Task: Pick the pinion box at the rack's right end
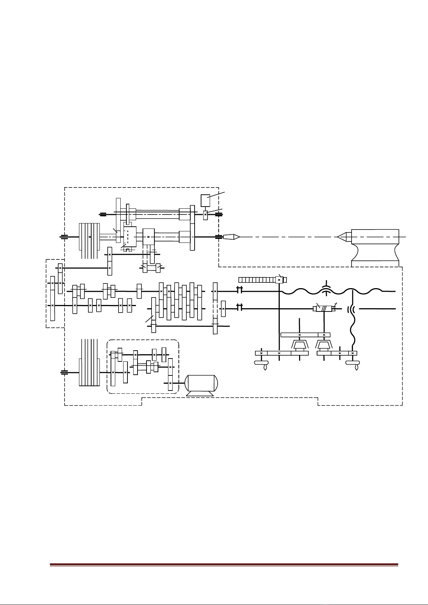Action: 279,280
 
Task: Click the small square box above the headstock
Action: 205,200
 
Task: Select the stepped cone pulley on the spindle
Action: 89,237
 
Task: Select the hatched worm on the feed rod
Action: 324,308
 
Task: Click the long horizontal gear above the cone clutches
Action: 299,335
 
